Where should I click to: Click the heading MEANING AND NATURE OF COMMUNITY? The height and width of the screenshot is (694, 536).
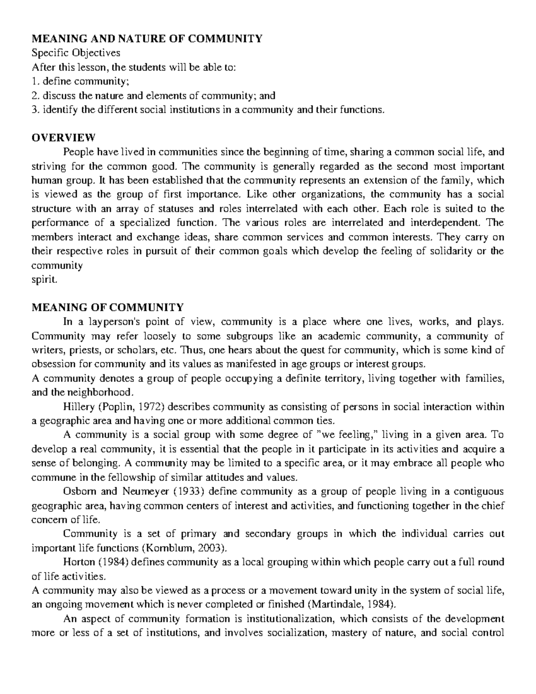[x=147, y=39]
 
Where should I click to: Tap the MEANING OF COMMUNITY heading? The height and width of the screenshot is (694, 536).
[x=108, y=307]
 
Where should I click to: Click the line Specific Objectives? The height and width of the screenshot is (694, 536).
[x=76, y=53]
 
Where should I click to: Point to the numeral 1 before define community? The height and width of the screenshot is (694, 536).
[x=34, y=81]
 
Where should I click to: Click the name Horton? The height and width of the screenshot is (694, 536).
[x=78, y=562]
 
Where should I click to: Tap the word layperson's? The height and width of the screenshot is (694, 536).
[x=109, y=322]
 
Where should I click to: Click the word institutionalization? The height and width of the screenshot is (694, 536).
[x=282, y=619]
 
